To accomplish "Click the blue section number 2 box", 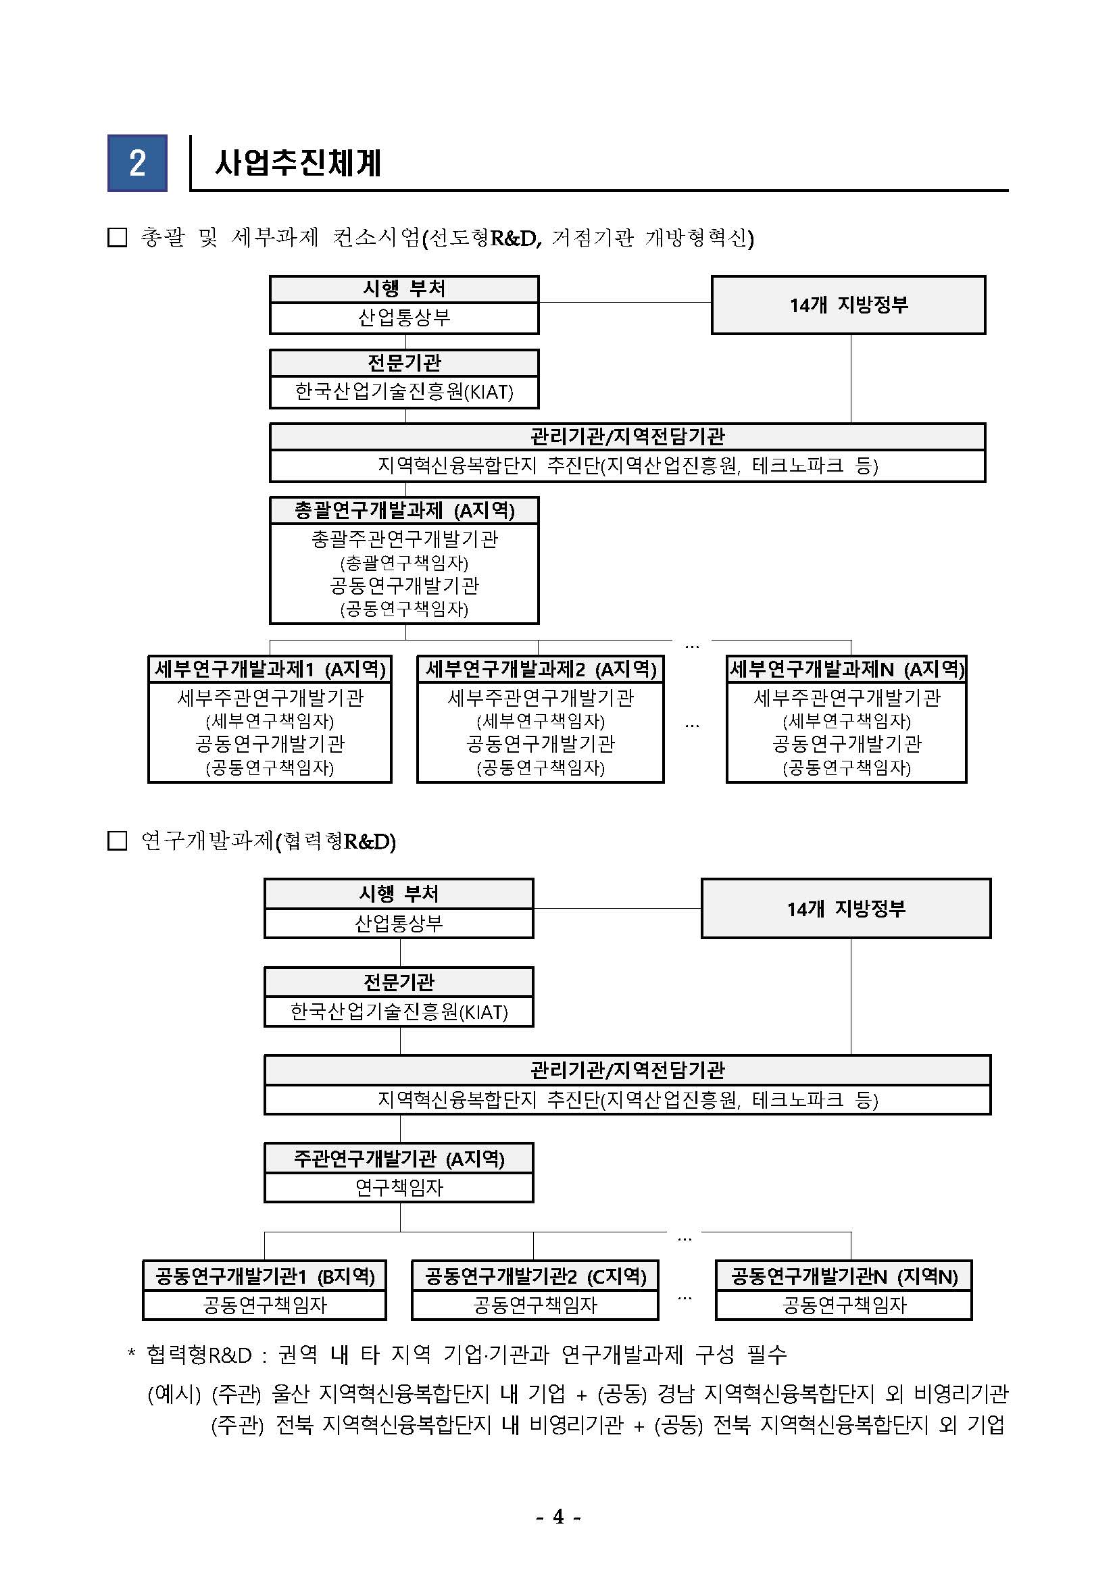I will click(137, 163).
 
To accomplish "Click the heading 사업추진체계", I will click(297, 164).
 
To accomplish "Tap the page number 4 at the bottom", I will click(557, 1515).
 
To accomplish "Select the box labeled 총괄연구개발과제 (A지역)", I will click(403, 510).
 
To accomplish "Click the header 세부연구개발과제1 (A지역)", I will click(270, 669).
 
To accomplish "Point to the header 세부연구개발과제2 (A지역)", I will click(541, 669).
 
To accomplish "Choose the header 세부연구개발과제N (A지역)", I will click(846, 669).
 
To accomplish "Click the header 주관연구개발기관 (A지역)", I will click(399, 1159).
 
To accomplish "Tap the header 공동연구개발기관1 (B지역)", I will click(265, 1276).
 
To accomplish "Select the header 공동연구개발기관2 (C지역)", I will click(535, 1276).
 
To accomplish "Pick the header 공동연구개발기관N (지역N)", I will click(844, 1276).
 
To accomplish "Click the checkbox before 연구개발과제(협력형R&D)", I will click(118, 841).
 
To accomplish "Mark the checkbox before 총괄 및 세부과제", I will click(118, 238).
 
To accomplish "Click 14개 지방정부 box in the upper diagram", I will click(848, 305).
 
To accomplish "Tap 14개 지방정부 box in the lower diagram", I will click(846, 909).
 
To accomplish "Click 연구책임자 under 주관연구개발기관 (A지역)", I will click(399, 1188).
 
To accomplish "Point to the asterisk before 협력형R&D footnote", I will click(131, 1355).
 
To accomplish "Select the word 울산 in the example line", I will click(290, 1394).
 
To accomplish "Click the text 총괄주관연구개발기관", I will click(403, 539).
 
